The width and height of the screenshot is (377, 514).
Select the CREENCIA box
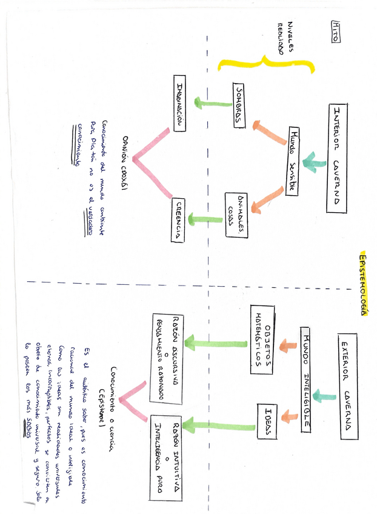[x=178, y=220]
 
